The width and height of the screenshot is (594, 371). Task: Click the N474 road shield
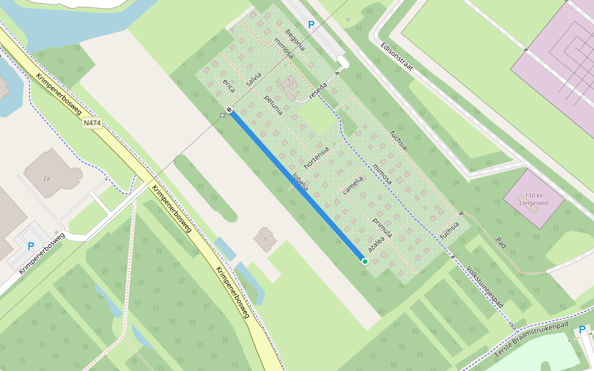point(92,123)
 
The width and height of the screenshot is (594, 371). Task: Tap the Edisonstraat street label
point(397,57)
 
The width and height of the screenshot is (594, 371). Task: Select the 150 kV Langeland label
point(533,198)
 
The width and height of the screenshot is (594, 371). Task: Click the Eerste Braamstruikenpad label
point(531,339)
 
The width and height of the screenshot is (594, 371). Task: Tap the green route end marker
point(365,262)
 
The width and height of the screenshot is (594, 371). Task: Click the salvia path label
point(254,79)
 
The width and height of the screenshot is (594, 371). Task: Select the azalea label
point(376,242)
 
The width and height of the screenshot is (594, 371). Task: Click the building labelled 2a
point(47,176)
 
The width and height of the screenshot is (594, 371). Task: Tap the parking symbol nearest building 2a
point(30,246)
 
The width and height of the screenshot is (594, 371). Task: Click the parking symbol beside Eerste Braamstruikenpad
point(582,330)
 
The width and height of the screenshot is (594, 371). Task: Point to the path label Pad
point(501,243)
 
